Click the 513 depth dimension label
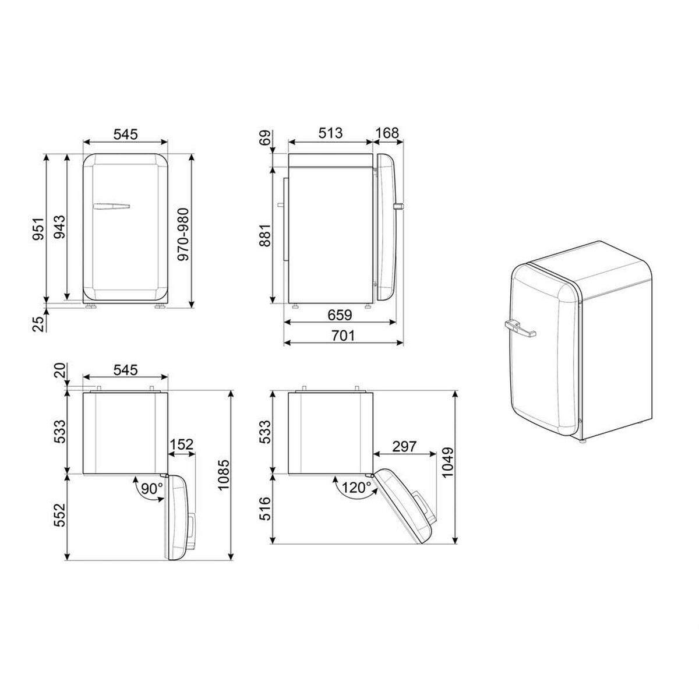click(330, 133)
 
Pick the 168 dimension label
click(387, 133)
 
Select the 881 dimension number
click(265, 235)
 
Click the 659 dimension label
click(340, 315)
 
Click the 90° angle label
click(151, 489)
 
